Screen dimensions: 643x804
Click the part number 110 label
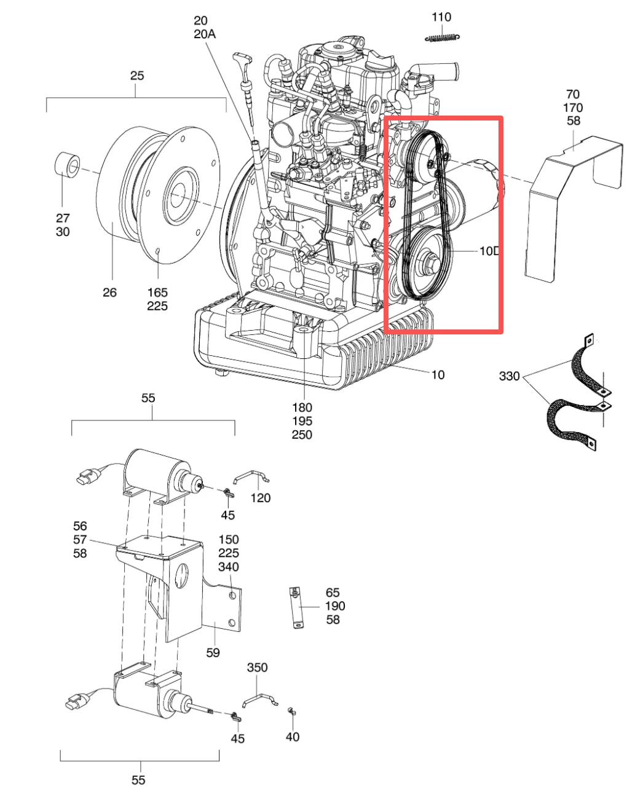tap(441, 17)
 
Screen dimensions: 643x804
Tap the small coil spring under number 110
tap(443, 37)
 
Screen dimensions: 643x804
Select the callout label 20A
tap(205, 34)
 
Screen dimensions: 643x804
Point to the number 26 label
tap(109, 292)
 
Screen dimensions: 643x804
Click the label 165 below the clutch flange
tap(157, 292)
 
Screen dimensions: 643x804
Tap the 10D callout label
tap(489, 251)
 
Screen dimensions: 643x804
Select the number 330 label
tap(509, 376)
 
